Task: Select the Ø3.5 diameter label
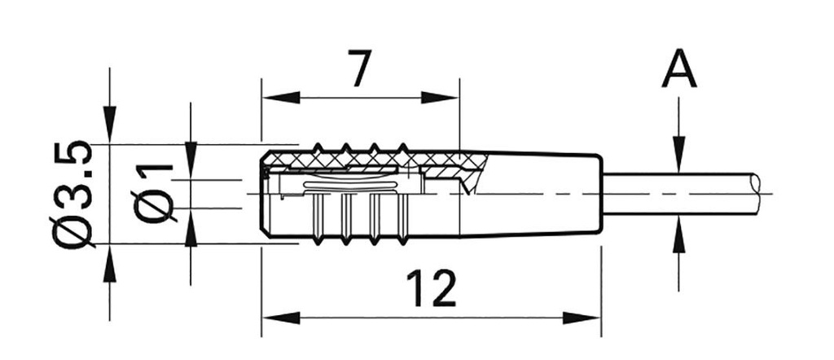(72, 195)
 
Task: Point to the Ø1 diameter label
(155, 192)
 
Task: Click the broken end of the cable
(762, 193)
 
